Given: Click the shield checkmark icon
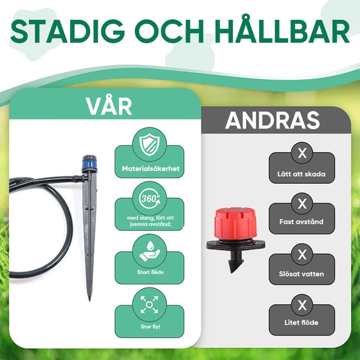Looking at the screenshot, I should click(x=149, y=147).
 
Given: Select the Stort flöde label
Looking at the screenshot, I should click(x=149, y=271).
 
